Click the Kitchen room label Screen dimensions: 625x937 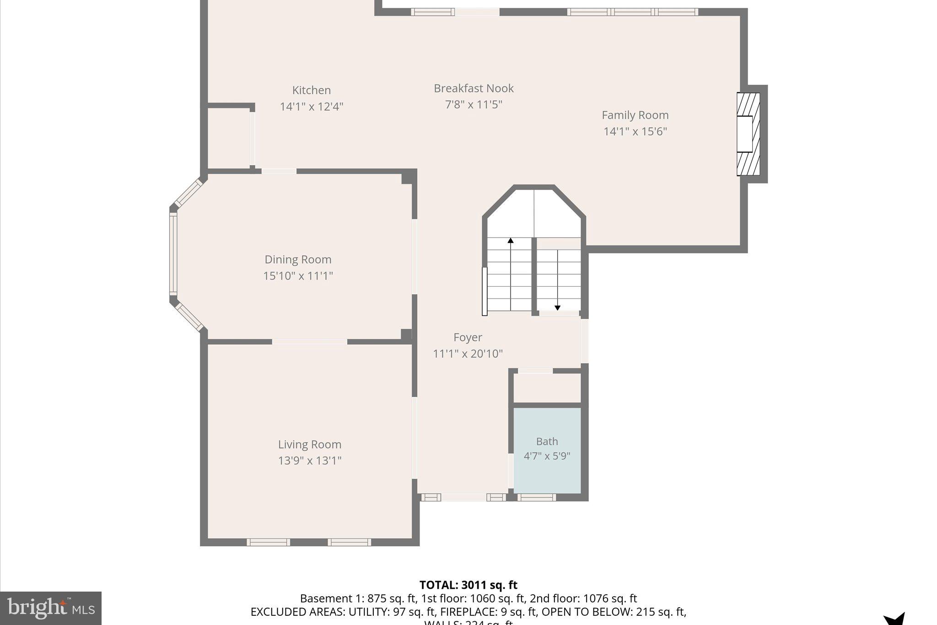(311, 90)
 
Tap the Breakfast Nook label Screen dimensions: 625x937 (474, 88)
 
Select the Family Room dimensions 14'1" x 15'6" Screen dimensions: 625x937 (635, 131)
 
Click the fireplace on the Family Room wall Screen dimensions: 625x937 (748, 134)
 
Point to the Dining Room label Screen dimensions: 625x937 (298, 260)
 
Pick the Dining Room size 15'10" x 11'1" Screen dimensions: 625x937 (298, 276)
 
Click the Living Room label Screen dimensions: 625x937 (310, 445)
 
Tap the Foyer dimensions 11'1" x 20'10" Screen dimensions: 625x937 (468, 353)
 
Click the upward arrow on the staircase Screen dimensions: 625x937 (511, 241)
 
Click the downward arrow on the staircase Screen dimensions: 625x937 (557, 307)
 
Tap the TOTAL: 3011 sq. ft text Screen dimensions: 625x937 (468, 585)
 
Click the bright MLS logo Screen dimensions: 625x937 (51, 608)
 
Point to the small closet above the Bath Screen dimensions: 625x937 (547, 388)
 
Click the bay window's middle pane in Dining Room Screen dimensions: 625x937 (173, 254)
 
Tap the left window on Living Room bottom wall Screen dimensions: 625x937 (268, 543)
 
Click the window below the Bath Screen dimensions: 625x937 (536, 498)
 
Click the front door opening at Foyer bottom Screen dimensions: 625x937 (463, 498)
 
